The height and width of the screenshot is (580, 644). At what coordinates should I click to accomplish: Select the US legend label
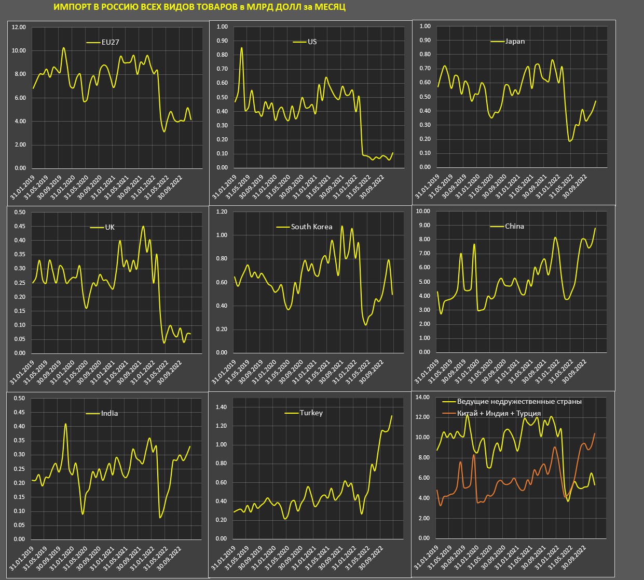pyautogui.click(x=312, y=42)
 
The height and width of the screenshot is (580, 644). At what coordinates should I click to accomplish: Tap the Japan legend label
pyautogui.click(x=515, y=42)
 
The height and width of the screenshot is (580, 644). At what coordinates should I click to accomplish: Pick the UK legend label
pyautogui.click(x=109, y=227)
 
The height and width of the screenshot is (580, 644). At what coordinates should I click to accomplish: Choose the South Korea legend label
pyautogui.click(x=311, y=227)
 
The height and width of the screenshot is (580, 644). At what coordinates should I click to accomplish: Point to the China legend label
pyautogui.click(x=514, y=226)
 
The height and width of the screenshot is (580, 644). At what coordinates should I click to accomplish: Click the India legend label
pyautogui.click(x=109, y=413)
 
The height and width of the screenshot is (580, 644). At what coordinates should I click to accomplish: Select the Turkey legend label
pyautogui.click(x=311, y=413)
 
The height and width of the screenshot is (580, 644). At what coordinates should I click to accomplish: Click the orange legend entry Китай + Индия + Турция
pyautogui.click(x=499, y=413)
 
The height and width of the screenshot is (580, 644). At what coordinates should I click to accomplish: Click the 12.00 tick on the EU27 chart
pyautogui.click(x=19, y=27)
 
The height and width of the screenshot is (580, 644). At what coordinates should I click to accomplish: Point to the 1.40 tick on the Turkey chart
pyautogui.click(x=221, y=407)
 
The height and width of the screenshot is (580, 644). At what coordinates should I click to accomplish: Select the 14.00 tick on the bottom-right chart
pyautogui.click(x=423, y=398)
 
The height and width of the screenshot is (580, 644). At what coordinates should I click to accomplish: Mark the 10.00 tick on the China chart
pyautogui.click(x=423, y=211)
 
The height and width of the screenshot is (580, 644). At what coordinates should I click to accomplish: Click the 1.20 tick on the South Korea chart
pyautogui.click(x=222, y=212)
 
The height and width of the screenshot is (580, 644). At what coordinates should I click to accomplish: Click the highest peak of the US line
pyautogui.click(x=241, y=48)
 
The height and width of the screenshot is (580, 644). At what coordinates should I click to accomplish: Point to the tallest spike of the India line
pyautogui.click(x=65, y=424)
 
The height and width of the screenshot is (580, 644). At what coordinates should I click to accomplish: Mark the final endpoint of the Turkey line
pyautogui.click(x=392, y=416)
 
